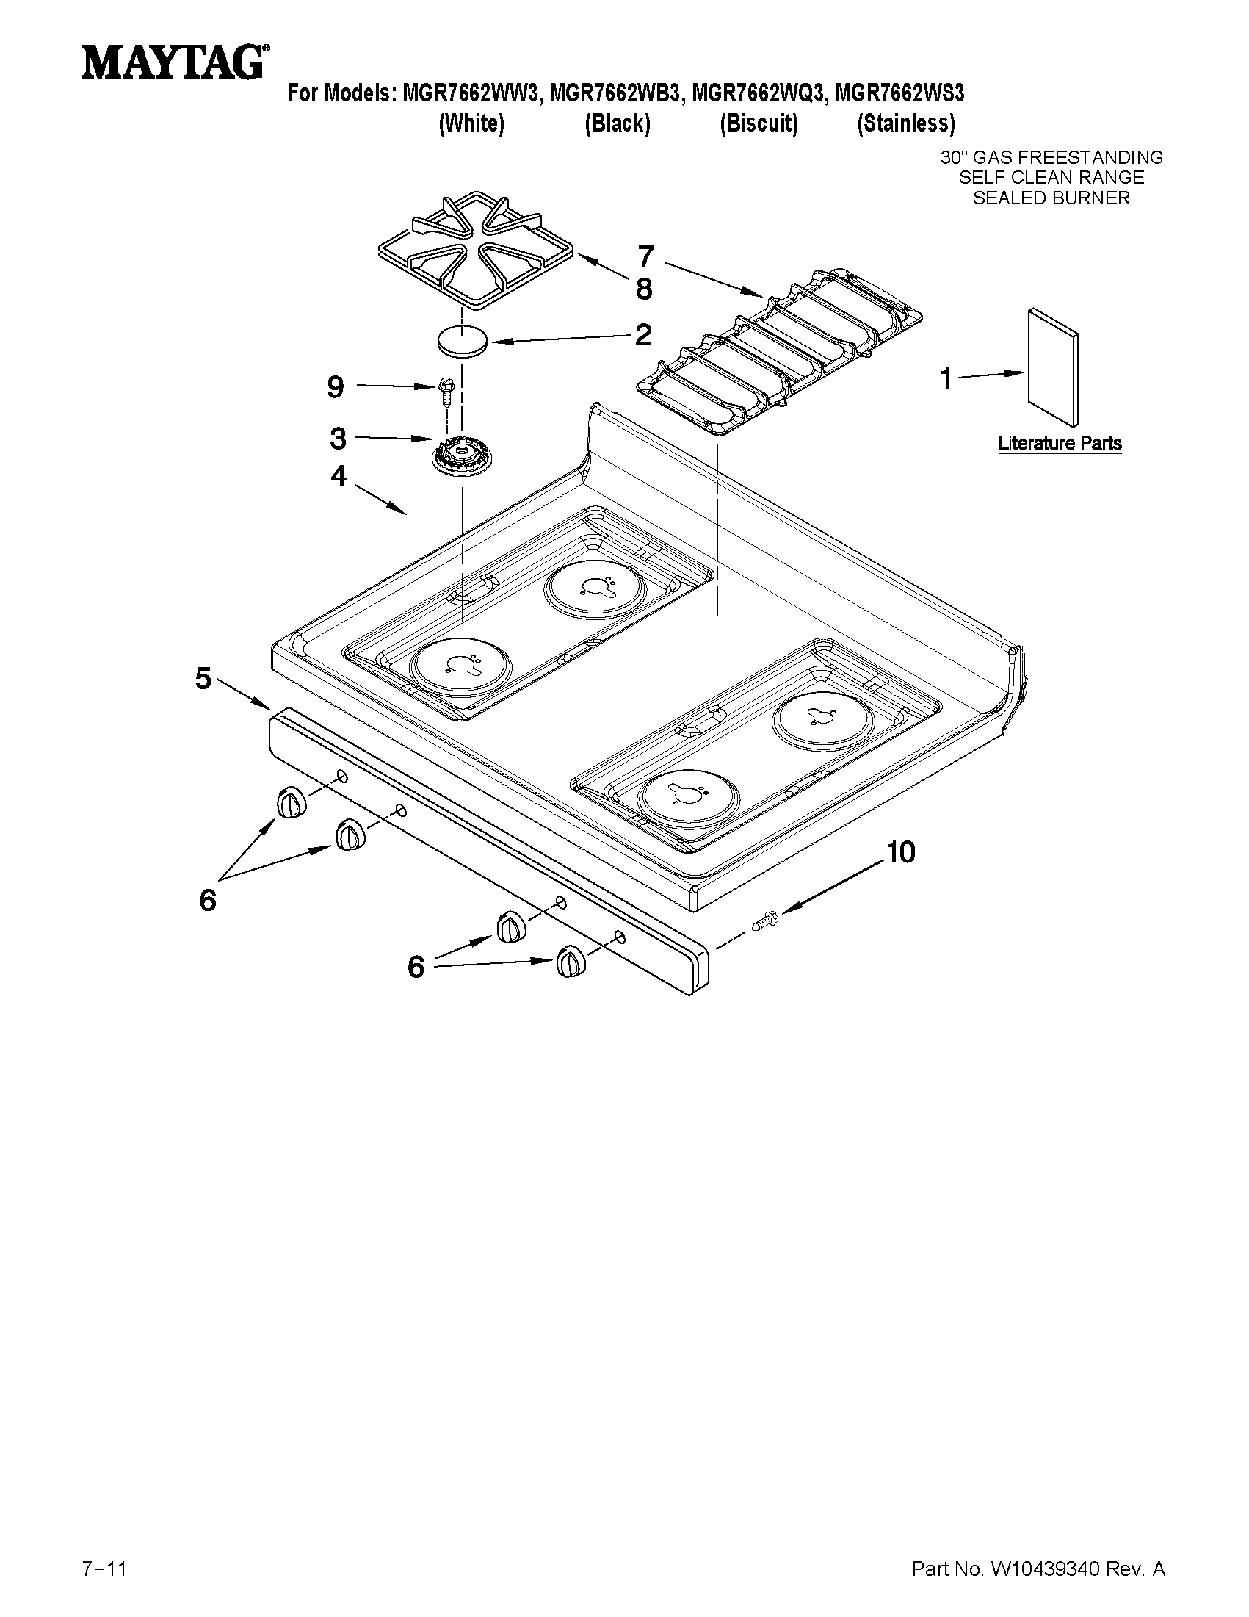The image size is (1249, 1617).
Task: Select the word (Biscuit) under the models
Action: (x=759, y=123)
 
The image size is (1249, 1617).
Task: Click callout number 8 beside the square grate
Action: (x=644, y=289)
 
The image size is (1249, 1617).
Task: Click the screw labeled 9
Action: (x=446, y=389)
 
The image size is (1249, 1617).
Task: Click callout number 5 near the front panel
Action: (x=203, y=678)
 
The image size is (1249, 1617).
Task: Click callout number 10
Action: (x=899, y=852)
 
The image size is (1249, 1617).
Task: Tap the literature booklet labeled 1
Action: (x=1052, y=367)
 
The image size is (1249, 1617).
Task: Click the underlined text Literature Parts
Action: (x=1059, y=444)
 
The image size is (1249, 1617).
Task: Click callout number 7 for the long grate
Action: (x=645, y=257)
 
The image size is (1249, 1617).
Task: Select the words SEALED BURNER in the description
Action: (x=1051, y=198)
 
